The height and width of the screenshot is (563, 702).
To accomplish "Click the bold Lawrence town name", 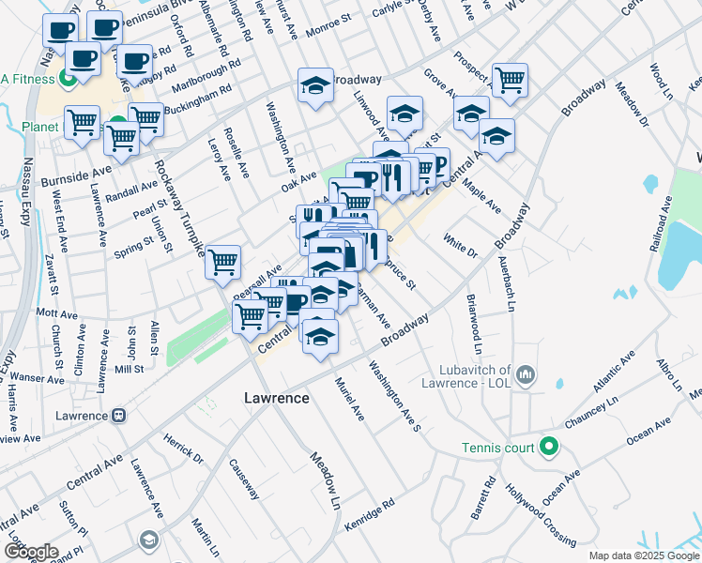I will click(x=277, y=398).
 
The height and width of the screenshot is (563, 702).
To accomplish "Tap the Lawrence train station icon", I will click(x=119, y=416).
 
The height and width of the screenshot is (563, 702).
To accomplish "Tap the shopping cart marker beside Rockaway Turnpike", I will click(x=223, y=262).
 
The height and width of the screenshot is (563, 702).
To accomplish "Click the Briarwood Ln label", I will click(x=475, y=323).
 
